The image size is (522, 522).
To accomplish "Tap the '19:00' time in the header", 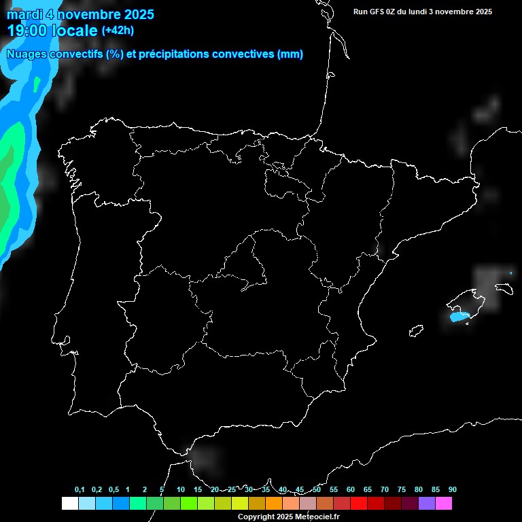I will pos(27,31).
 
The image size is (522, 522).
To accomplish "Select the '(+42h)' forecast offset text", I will pos(118,30).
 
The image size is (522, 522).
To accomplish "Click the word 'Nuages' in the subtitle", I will pos(27,54).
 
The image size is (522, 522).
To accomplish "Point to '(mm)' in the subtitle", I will pos(290,54).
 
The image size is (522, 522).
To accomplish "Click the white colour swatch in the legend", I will pos(69,504).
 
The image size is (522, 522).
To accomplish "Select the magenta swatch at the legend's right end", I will pos(444,504).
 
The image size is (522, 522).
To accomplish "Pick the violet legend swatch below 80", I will pos(427,504).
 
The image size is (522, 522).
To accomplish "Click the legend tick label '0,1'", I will pos(80,490).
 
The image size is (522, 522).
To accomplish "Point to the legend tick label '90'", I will pos(453,490).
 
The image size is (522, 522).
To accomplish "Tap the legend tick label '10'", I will pos(180,490).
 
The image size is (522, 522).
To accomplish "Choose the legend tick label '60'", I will pos(351,490).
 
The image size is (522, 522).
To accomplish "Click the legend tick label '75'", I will pos(402,490).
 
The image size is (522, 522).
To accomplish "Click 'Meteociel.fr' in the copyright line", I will pos(315,517).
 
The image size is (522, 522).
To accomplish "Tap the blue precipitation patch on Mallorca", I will pos(459,316).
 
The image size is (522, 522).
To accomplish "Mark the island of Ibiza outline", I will pos(415,331).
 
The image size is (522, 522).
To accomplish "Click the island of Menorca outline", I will pos(504,288).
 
